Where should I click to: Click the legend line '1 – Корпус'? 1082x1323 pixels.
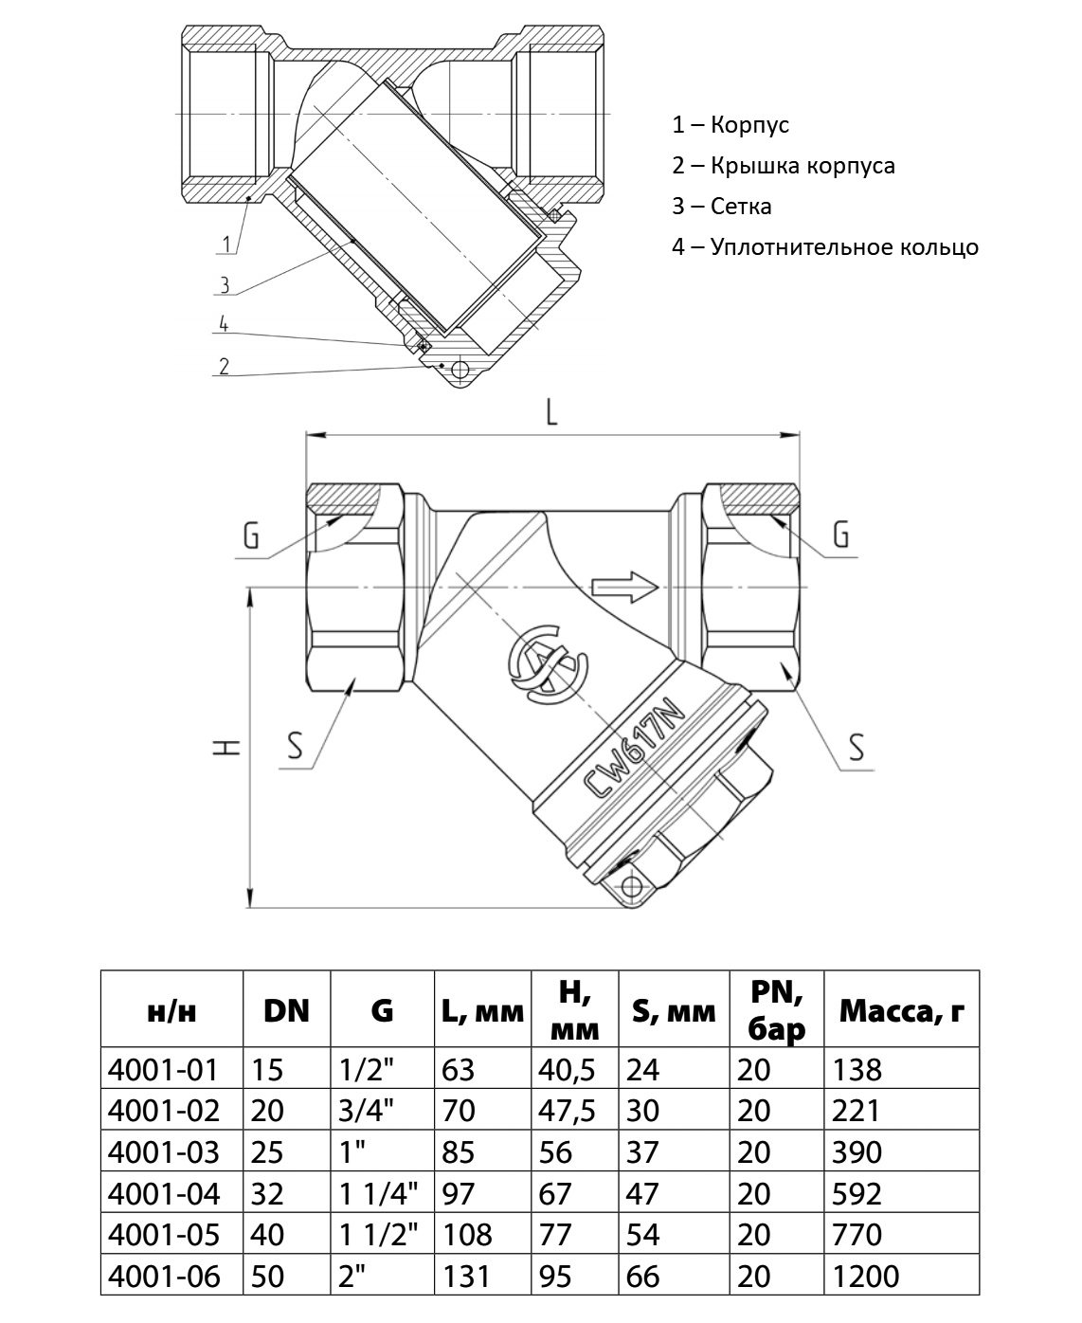[x=730, y=124]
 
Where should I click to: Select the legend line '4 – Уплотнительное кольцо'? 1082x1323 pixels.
[x=825, y=247]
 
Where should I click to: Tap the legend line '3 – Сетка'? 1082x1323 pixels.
[x=722, y=207]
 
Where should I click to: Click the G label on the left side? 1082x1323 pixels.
[x=251, y=536]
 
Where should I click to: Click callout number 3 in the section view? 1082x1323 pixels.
[x=225, y=283]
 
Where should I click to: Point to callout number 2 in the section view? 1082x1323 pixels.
[x=224, y=366]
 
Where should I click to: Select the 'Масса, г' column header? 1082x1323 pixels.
[x=901, y=1011]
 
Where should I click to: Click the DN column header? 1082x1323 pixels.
[x=287, y=1010]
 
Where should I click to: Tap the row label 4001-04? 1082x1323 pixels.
[x=165, y=1192]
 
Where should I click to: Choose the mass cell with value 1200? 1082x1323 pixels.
[x=866, y=1276]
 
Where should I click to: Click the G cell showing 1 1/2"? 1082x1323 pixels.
[x=379, y=1234]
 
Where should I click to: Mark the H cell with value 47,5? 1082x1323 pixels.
[x=567, y=1110]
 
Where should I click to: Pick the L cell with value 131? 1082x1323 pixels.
[x=466, y=1276]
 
